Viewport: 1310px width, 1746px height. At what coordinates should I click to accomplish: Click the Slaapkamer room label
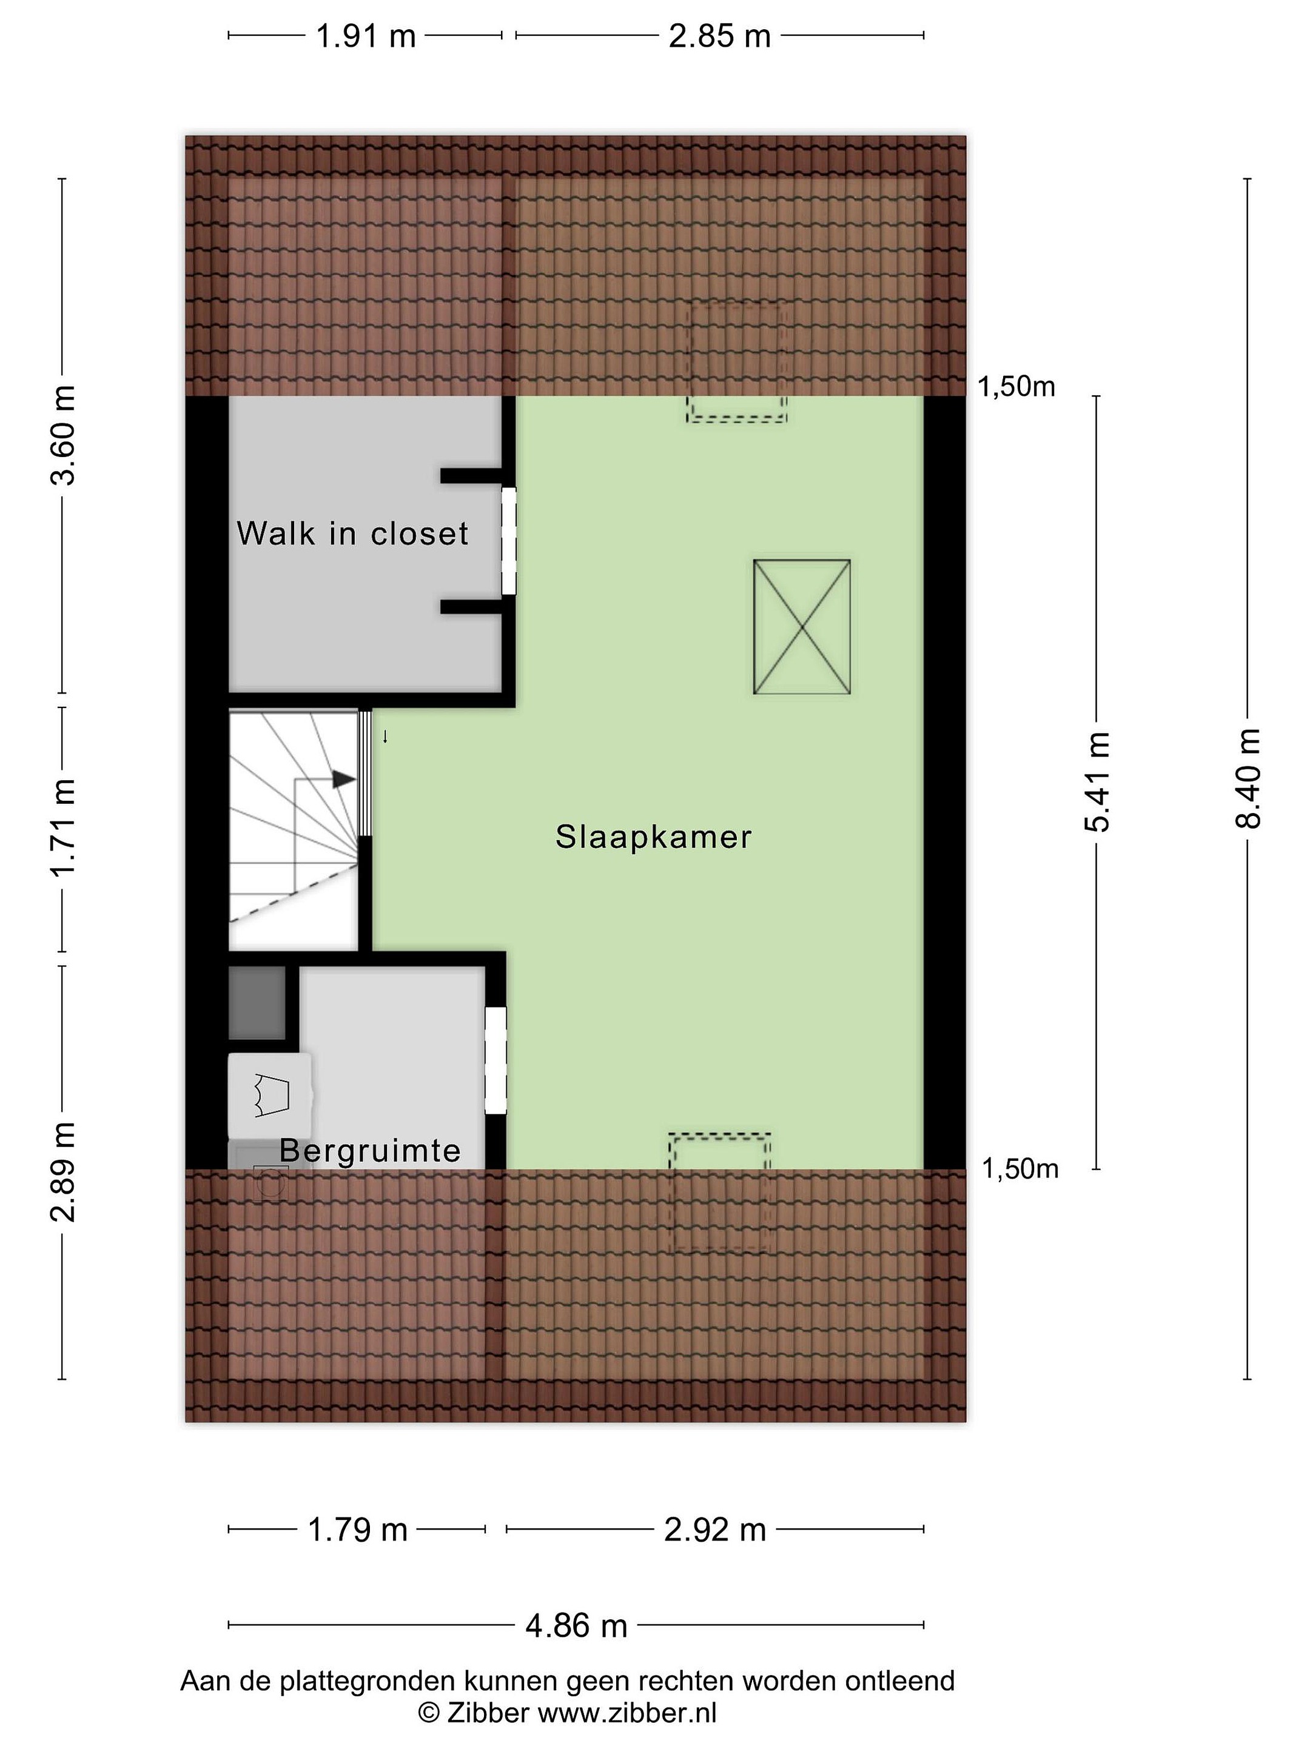653,837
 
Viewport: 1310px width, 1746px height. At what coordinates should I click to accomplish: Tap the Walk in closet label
352,533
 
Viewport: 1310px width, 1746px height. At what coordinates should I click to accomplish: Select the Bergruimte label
369,1151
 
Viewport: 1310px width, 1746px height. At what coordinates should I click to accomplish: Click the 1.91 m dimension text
366,36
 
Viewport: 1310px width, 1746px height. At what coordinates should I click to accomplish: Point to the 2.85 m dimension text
719,36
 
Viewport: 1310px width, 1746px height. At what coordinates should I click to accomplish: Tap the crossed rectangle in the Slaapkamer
802,627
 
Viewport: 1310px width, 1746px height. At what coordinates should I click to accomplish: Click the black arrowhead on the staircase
343,779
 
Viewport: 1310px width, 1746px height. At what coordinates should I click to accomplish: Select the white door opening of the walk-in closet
509,541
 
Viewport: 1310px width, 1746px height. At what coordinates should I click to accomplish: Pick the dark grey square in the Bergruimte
257,1003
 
